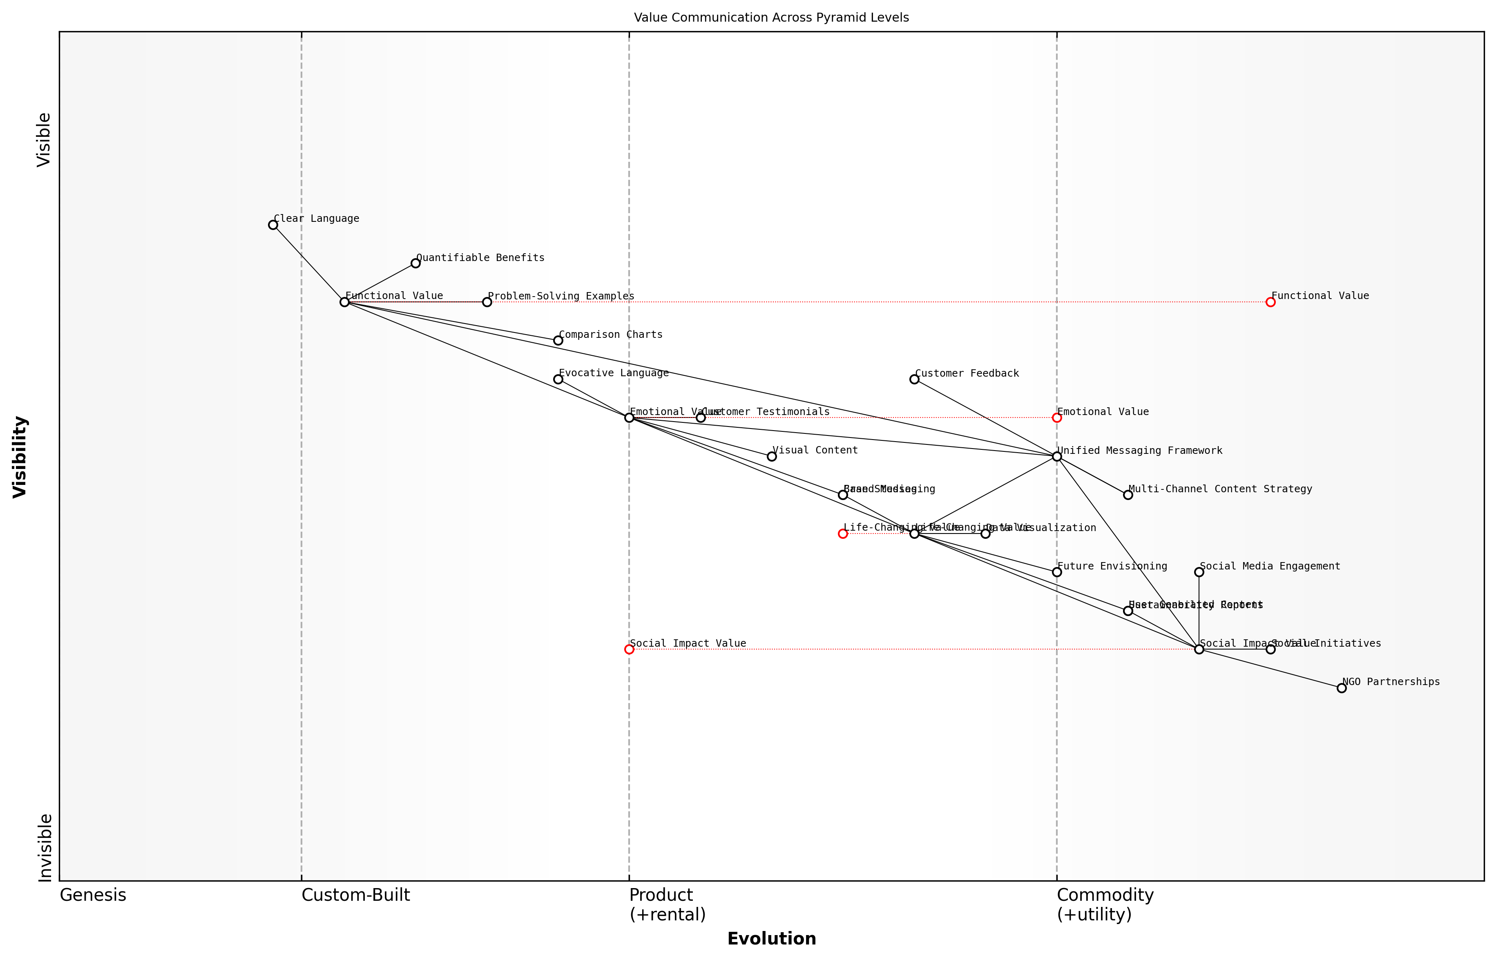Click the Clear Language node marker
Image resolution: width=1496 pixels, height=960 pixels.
tap(273, 225)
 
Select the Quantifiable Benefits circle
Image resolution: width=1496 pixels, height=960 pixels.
tap(416, 263)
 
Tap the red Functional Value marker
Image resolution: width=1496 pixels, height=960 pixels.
tap(1270, 302)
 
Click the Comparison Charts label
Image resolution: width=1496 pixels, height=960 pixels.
tap(610, 335)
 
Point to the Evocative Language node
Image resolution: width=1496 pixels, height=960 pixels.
tap(558, 379)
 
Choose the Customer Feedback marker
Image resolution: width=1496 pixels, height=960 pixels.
tap(914, 379)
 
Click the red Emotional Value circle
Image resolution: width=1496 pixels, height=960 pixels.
tap(1056, 417)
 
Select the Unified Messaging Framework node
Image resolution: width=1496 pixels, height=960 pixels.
tap(1056, 456)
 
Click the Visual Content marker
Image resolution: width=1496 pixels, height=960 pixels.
tap(772, 456)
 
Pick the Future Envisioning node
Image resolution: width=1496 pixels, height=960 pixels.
tap(1056, 572)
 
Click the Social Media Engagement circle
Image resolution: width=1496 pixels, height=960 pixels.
tap(1199, 572)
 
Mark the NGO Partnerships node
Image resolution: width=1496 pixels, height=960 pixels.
tap(1342, 688)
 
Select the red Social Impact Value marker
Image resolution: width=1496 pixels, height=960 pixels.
tap(629, 650)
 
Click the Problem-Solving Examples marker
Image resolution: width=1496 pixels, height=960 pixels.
tap(487, 302)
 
